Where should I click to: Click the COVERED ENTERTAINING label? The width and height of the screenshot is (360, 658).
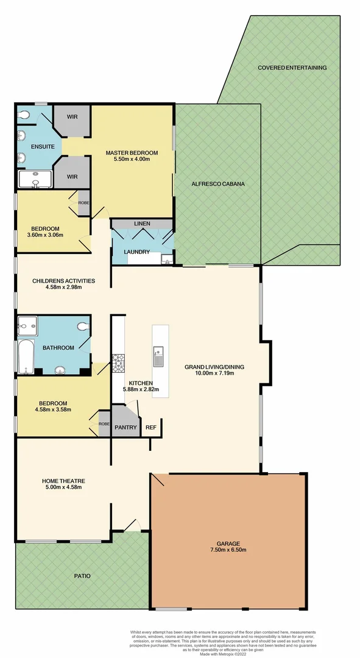pyautogui.click(x=292, y=68)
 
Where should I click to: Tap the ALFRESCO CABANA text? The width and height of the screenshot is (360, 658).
pyautogui.click(x=217, y=183)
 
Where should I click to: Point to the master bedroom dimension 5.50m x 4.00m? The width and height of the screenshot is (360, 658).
pyautogui.click(x=132, y=160)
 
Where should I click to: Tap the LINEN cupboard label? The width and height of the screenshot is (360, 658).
pyautogui.click(x=142, y=224)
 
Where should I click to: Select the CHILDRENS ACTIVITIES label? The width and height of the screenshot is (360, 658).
pyautogui.click(x=63, y=281)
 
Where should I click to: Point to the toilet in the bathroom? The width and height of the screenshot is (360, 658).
pyautogui.click(x=83, y=327)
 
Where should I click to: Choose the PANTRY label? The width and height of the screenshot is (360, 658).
pyautogui.click(x=125, y=427)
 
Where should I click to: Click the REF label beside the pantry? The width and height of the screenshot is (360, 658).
pyautogui.click(x=150, y=427)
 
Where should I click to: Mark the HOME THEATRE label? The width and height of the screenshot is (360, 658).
pyautogui.click(x=63, y=480)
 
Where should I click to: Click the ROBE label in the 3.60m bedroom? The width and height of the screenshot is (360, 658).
pyautogui.click(x=83, y=203)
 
